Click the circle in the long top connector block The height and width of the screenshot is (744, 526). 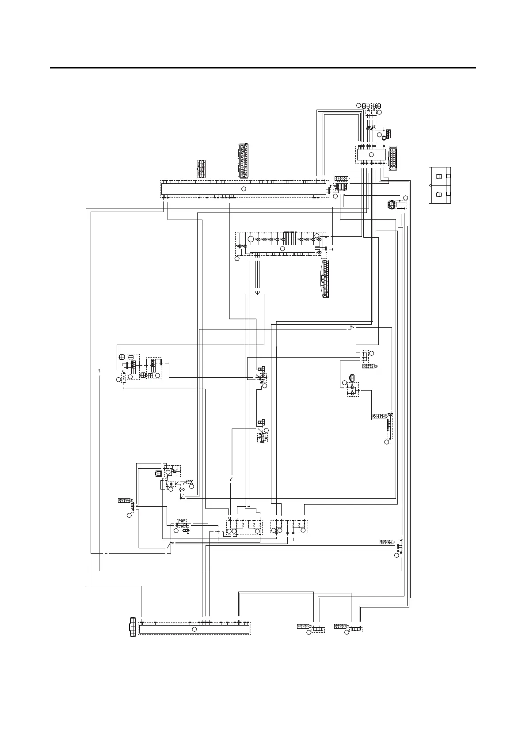tap(243, 189)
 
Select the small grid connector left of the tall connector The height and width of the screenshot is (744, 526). tap(202, 169)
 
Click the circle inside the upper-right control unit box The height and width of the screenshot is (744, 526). tap(371, 154)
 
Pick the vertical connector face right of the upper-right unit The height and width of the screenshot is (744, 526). tap(393, 158)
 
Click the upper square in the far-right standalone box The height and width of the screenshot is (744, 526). tap(439, 177)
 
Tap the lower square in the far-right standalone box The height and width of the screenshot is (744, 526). tap(439, 194)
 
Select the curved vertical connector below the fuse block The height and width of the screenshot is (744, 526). tap(325, 278)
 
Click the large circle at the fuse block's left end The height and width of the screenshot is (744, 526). tap(251, 239)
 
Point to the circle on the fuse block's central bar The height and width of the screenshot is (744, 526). tap(282, 249)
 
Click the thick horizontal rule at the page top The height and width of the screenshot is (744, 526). tap(263, 68)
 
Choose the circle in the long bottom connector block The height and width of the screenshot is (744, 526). tap(194, 629)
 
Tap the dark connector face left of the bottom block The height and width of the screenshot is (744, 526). tap(132, 627)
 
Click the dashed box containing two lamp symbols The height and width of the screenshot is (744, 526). tap(353, 389)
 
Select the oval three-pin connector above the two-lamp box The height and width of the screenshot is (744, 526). tap(351, 378)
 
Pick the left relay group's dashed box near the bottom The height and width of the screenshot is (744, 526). tap(244, 528)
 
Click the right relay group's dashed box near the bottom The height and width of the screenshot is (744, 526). tap(289, 527)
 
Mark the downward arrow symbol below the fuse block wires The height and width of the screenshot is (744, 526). tap(258, 292)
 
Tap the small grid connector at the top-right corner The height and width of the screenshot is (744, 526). tap(388, 133)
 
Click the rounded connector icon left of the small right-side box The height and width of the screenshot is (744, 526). tap(391, 205)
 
